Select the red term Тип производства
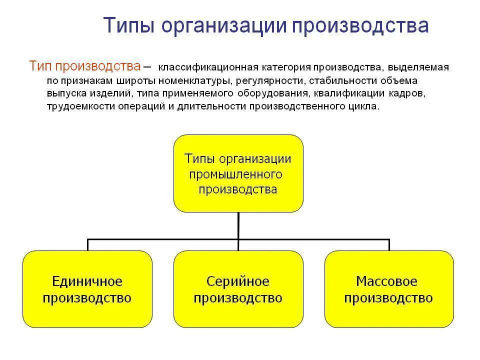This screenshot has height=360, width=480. [84, 66]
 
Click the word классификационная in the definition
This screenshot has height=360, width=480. [208, 67]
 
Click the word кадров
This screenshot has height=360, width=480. [409, 93]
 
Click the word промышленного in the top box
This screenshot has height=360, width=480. [235, 174]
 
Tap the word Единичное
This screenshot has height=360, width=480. [87, 281]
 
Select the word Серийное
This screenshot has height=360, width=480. [238, 281]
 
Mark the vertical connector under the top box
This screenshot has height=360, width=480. [238, 225]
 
